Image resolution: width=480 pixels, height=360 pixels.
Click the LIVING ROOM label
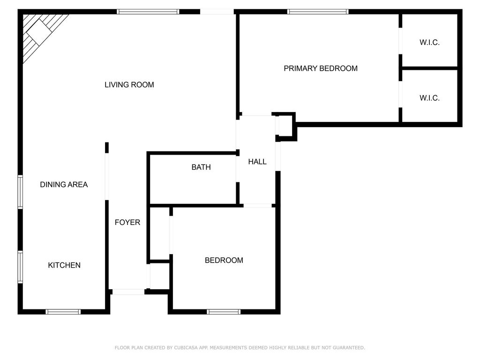pos(129,85)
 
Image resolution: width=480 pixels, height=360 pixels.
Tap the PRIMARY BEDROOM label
pos(321,68)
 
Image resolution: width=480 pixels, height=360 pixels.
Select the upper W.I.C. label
pos(429,43)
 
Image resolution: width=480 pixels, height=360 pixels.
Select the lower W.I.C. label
pos(429,98)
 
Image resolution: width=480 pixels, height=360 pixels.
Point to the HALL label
pos(257,162)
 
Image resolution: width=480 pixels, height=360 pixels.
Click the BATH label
pos(201,167)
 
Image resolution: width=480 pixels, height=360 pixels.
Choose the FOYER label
pos(127,222)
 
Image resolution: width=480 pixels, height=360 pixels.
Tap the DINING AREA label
pos(64,185)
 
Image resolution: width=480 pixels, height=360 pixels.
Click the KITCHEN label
pos(64,265)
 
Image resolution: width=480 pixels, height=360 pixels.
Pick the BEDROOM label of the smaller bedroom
pos(224,260)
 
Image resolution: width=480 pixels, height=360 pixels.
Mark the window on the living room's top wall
pos(148,12)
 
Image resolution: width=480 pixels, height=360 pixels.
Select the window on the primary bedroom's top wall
pos(318,12)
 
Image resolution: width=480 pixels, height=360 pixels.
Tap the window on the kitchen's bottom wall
pos(63,312)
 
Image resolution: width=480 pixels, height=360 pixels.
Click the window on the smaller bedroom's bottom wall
pos(224,312)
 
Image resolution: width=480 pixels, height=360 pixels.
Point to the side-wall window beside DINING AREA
pos(20,192)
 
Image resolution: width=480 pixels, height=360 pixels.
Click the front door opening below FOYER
pos(128,292)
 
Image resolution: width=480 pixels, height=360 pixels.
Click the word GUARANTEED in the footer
pos(349,348)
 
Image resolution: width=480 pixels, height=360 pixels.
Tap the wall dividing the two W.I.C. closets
pos(430,68)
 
